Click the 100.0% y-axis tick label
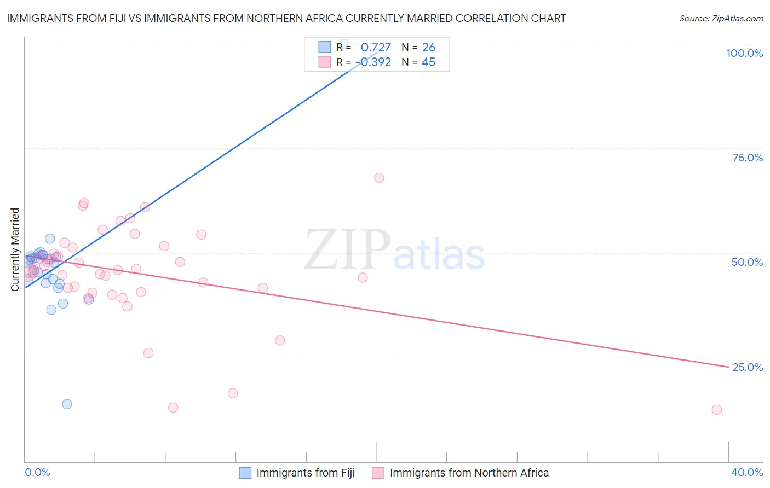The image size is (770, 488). click(744, 53)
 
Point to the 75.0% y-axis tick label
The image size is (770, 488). click(748, 158)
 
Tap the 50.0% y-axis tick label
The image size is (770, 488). click(747, 262)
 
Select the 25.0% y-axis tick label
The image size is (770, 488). click(748, 367)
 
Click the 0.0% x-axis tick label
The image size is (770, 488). click(37, 472)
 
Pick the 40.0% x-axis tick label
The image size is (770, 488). click(747, 472)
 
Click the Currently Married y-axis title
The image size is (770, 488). click(15, 249)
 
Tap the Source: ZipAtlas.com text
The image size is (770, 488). click(721, 18)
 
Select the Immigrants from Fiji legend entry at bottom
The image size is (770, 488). click(297, 473)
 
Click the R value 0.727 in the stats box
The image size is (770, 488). click(376, 47)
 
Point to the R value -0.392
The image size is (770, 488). click(373, 62)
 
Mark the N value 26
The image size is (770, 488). click(429, 47)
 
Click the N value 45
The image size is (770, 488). click(429, 62)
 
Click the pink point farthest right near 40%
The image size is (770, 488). click(716, 410)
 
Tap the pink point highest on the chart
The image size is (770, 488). click(379, 178)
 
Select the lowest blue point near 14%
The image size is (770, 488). click(67, 404)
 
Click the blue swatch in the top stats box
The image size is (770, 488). click(325, 47)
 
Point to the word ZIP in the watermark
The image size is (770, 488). click(347, 249)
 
